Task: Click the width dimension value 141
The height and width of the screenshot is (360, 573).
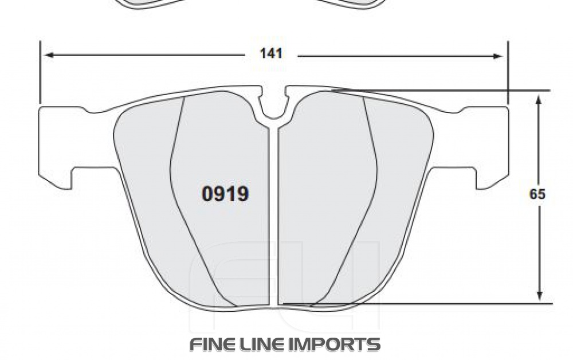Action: (x=271, y=54)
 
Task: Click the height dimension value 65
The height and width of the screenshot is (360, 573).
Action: (x=537, y=194)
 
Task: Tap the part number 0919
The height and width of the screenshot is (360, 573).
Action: (x=225, y=194)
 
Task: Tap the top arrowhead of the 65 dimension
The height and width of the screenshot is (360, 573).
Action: (x=539, y=100)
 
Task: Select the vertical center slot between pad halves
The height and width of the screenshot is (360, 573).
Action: (x=273, y=218)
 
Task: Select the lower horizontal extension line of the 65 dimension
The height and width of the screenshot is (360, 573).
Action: (x=458, y=304)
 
